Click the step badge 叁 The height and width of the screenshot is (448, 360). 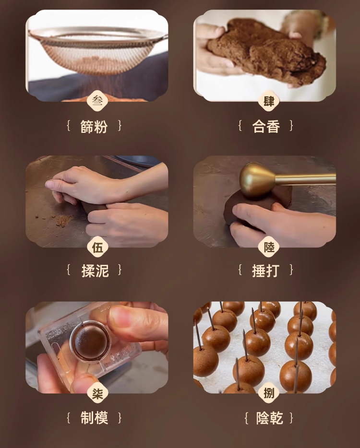tap(97, 101)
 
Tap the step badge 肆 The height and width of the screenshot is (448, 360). tap(268, 101)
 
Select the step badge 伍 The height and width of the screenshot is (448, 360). tap(97, 247)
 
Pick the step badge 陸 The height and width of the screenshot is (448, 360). tap(268, 247)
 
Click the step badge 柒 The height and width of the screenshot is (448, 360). tap(97, 393)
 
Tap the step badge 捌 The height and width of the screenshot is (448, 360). tap(268, 393)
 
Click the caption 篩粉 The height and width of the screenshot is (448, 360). tap(94, 127)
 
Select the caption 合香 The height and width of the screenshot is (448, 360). tap(266, 127)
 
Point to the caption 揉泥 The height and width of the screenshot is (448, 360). tap(95, 271)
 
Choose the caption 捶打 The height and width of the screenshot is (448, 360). tap(265, 271)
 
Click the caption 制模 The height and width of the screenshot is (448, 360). tap(94, 418)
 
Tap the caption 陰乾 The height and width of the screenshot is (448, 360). tap(269, 418)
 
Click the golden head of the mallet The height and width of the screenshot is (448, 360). tap(256, 180)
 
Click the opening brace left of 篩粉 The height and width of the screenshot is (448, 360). tap(69, 126)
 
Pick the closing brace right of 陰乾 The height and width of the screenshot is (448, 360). tap(291, 418)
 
